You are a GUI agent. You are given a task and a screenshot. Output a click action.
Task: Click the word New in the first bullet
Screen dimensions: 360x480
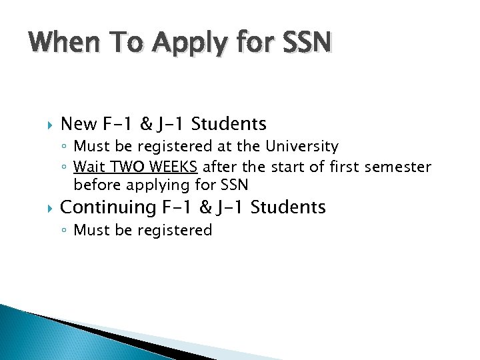click(x=78, y=124)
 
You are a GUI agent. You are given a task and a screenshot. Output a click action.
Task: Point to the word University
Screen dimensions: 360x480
click(x=303, y=146)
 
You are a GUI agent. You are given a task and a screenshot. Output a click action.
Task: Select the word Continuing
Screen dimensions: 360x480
click(x=107, y=207)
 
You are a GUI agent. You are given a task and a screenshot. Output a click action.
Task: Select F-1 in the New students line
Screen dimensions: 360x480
click(x=120, y=124)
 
